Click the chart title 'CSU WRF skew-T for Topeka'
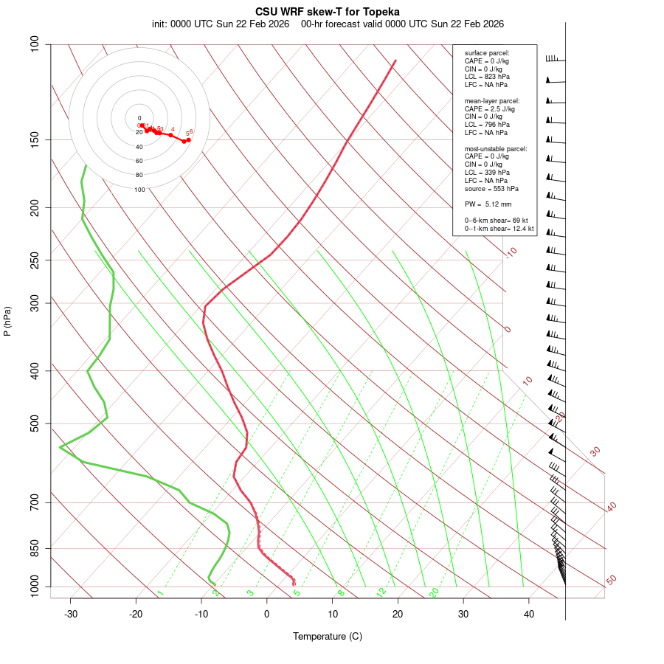pos(328,12)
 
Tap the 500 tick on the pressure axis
pos(35,423)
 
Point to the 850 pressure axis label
pos(35,548)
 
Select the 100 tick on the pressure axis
pos(35,44)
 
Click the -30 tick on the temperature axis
pos(71,614)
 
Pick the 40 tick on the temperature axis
pos(529,614)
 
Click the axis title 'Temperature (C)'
pos(328,636)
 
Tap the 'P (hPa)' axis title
pos(7,322)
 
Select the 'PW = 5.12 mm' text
pos(488,204)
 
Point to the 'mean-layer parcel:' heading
pos(491,100)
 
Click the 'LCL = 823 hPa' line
pos(487,77)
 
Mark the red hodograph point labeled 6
pos(188,139)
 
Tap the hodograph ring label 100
pos(139,190)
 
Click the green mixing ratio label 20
pos(434,592)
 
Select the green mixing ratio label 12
pos(381,592)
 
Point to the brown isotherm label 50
pos(611,580)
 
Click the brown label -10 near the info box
pos(511,253)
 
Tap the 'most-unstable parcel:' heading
pos(496,148)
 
